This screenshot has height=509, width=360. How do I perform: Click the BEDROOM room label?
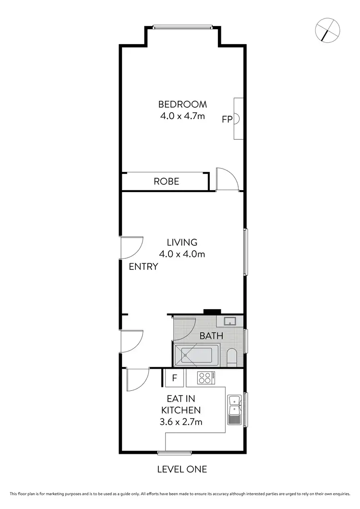[182, 104]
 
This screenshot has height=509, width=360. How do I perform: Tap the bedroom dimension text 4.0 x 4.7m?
[182, 116]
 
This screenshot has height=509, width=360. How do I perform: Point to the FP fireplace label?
[227, 120]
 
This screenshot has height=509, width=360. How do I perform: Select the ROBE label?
[166, 182]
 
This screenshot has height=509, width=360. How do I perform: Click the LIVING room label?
[182, 242]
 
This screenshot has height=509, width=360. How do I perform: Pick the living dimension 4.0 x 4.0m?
[182, 254]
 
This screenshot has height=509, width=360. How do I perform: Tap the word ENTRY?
[144, 267]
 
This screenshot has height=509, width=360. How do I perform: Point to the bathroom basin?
[228, 321]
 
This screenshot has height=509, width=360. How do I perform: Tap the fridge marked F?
[175, 378]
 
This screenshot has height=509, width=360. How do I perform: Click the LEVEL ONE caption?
[182, 469]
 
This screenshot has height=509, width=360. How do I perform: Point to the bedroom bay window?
[182, 27]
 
